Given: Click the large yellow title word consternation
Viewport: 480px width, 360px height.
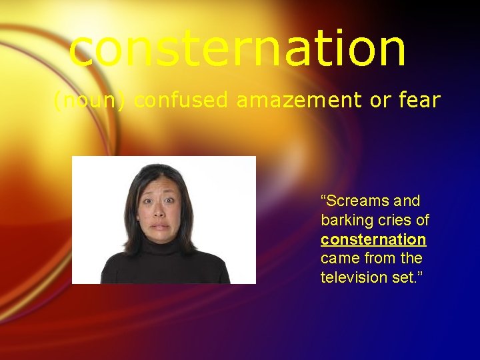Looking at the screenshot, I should pos(237,49).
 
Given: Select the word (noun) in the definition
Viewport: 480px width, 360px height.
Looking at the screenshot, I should pos(91,101).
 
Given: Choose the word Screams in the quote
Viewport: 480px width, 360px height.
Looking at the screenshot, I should pos(353,201).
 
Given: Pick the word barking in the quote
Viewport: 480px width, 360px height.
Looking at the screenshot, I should pos(345,221).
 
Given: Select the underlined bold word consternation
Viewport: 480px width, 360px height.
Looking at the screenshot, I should pos(373,239).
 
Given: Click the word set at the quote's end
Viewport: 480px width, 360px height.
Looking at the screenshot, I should pos(399,277).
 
